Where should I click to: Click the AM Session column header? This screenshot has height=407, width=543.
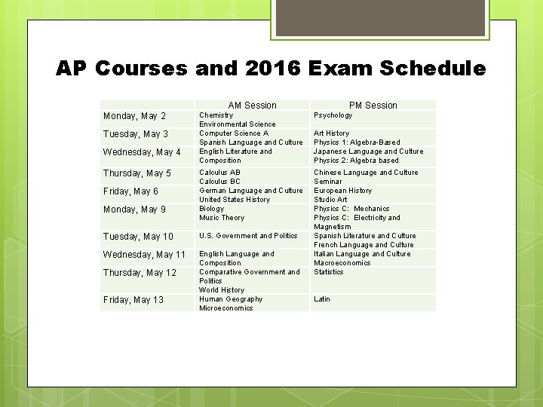point(252,106)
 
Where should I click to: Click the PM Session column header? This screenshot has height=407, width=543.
point(373,106)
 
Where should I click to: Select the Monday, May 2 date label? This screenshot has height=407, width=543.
point(134,116)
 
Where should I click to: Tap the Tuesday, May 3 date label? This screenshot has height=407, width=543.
point(136,134)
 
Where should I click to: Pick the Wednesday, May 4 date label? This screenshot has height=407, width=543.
point(142,152)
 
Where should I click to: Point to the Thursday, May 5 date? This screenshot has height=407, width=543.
point(137,173)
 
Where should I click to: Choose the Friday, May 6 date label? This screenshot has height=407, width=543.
point(130,191)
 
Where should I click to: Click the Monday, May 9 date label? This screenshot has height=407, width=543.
point(134,210)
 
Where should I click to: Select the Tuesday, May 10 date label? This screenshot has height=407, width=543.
point(138,237)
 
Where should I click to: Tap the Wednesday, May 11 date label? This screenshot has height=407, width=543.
point(144,255)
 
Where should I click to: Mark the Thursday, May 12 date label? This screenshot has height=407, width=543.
point(140,273)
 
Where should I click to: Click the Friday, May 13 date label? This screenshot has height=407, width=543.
point(133,300)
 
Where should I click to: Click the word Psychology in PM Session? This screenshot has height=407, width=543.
point(333,115)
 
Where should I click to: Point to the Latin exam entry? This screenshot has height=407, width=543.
point(322,299)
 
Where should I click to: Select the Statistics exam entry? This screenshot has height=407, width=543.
point(329,272)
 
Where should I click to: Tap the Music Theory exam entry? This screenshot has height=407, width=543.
point(222,218)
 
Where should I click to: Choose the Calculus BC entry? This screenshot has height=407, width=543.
point(219,182)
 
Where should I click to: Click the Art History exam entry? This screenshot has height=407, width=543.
point(331,133)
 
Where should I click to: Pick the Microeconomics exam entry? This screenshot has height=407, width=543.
point(226,308)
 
